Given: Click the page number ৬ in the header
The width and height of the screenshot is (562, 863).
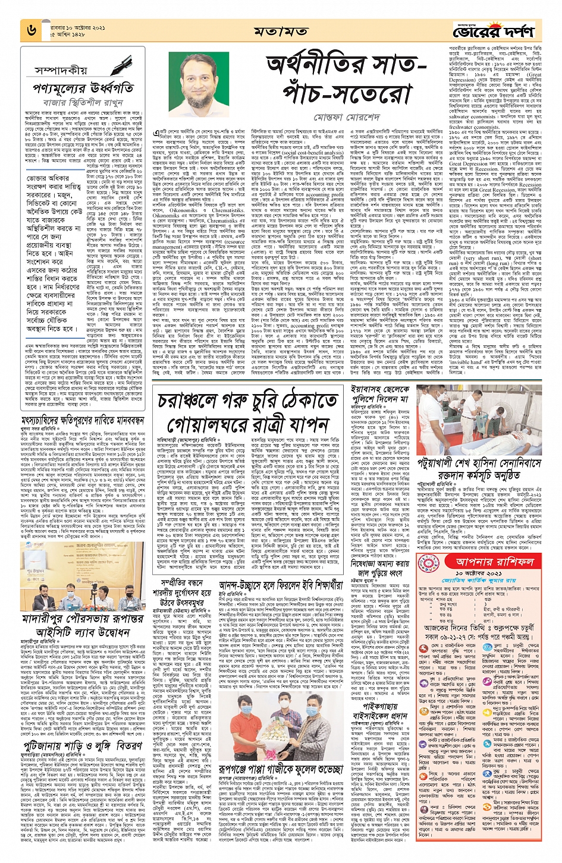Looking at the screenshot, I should [32, 30].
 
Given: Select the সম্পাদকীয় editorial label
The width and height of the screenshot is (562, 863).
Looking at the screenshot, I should [62, 70].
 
